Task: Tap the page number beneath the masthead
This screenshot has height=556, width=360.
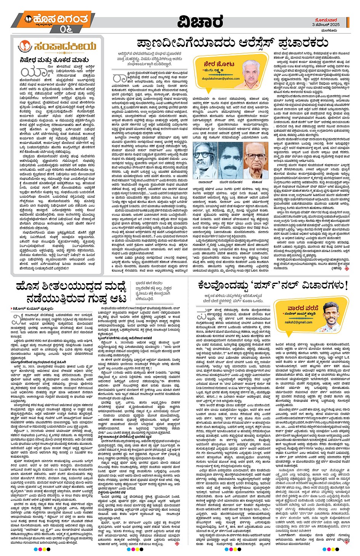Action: click(66, 29)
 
